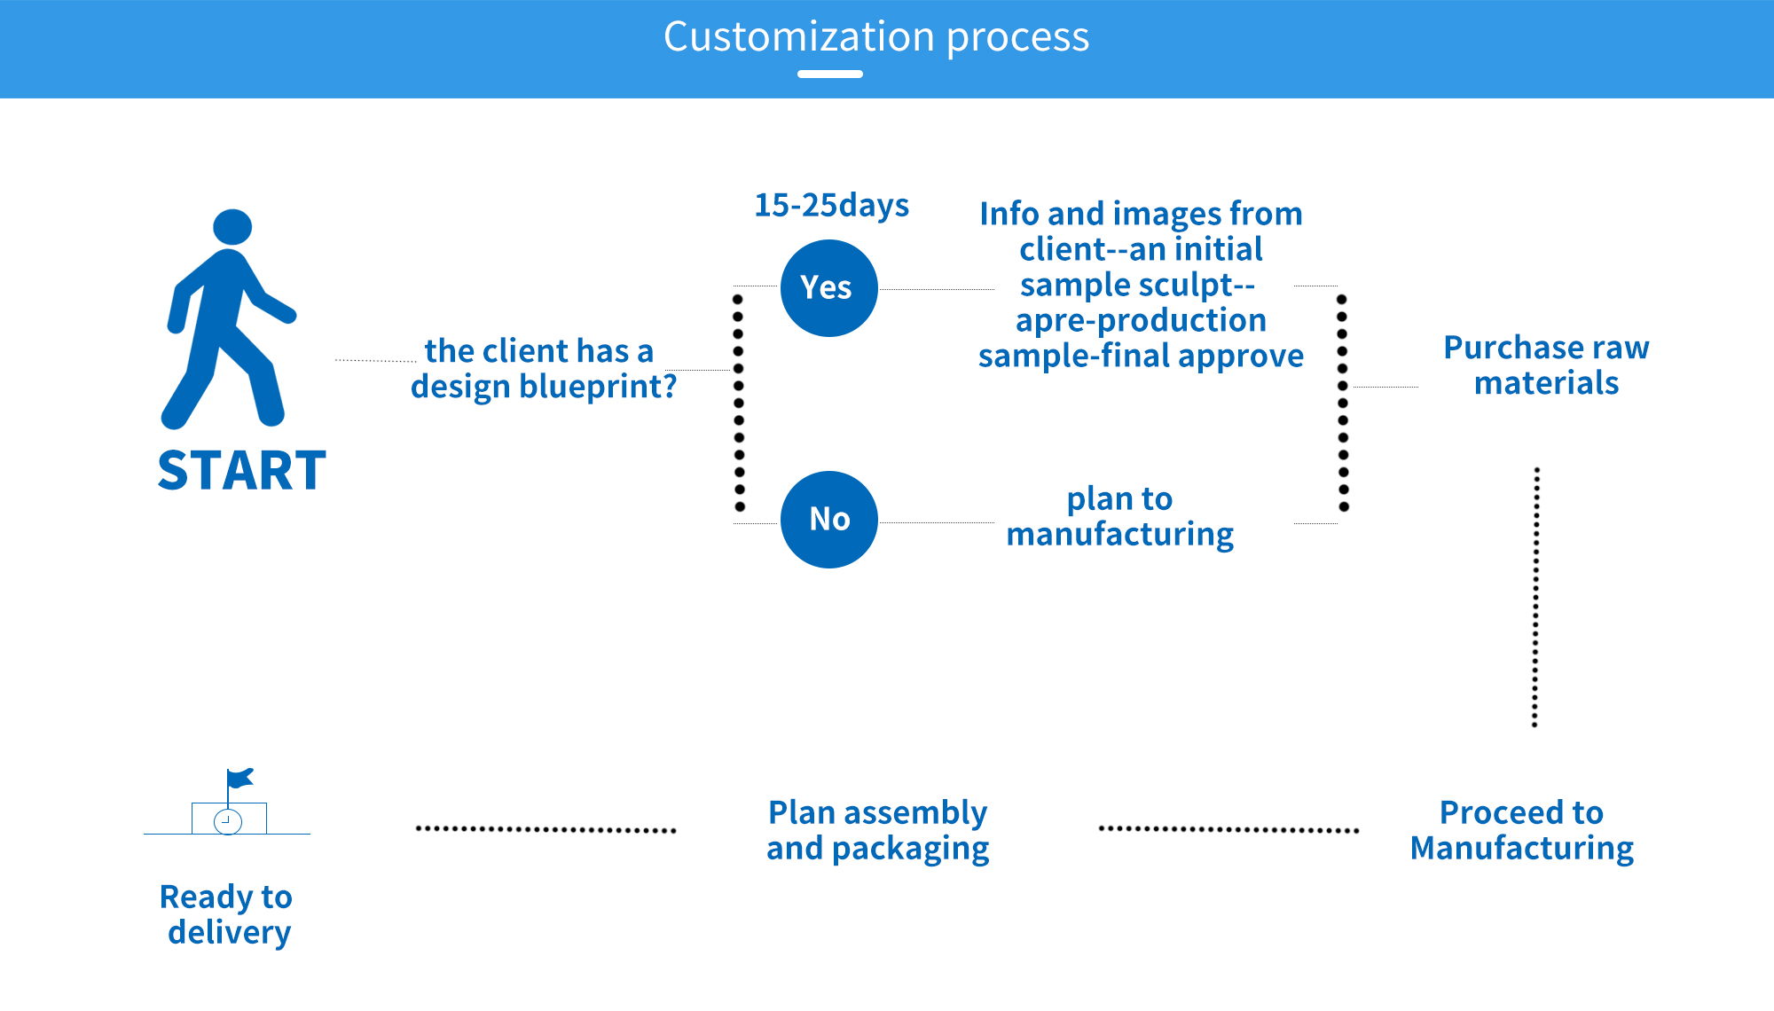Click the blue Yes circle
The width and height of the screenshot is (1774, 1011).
coord(829,288)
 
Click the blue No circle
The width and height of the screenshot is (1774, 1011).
coord(829,520)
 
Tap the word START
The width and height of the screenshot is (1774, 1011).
coord(242,470)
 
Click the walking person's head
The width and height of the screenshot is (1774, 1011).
coord(232,227)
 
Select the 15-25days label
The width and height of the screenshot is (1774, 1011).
coord(832,206)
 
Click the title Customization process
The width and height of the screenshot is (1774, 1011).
coord(876,37)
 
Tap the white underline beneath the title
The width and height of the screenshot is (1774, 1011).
coord(830,74)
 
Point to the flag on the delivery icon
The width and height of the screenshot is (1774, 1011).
coord(240,778)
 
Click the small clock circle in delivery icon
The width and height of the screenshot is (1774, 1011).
coord(228,822)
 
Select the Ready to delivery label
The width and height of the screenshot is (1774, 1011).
coord(227,915)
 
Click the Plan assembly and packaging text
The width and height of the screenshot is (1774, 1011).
coord(878,831)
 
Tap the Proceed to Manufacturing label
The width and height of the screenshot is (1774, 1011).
coord(1522,831)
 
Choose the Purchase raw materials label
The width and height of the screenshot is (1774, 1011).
coord(1547,365)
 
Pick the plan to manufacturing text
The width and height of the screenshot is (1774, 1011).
coord(1120,517)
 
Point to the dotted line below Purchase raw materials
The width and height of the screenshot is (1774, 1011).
coord(1536,597)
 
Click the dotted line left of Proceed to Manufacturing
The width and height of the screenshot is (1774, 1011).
coord(1228,830)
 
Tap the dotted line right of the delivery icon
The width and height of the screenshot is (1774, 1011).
coord(546,830)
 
